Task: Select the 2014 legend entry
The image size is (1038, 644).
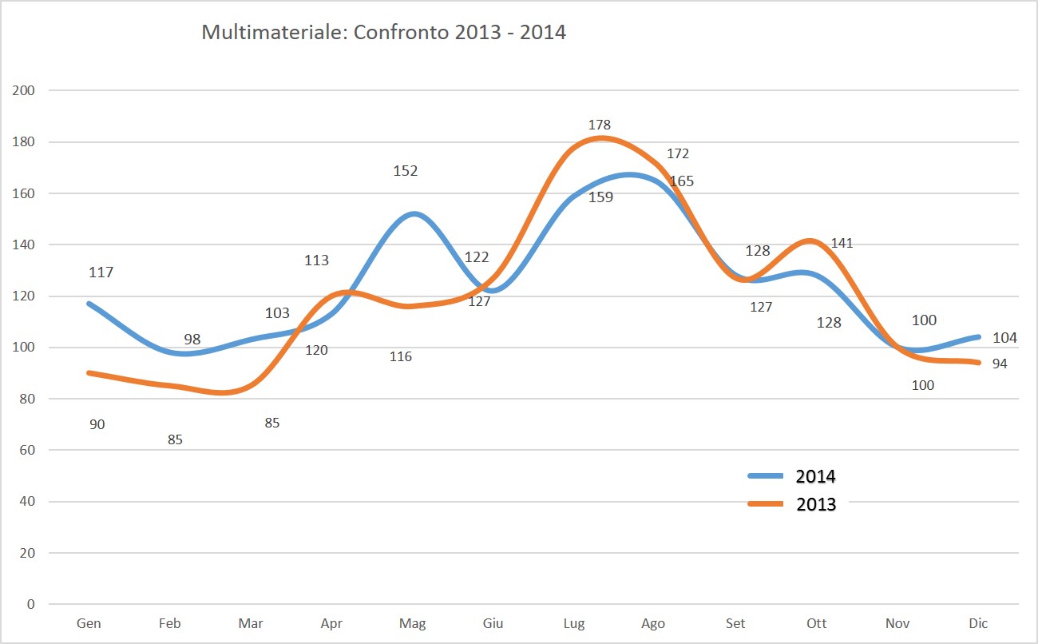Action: click(x=815, y=477)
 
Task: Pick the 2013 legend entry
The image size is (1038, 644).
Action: click(x=815, y=504)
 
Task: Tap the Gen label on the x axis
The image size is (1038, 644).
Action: click(x=89, y=623)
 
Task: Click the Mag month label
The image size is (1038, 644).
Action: click(x=412, y=623)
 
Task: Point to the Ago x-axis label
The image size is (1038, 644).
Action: click(x=653, y=623)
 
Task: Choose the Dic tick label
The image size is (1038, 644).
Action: click(x=978, y=623)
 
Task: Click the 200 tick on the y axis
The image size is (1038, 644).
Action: click(x=26, y=90)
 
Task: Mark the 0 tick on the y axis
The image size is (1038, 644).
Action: click(x=31, y=604)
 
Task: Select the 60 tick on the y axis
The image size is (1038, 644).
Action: click(x=28, y=450)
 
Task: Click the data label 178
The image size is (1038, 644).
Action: click(x=599, y=125)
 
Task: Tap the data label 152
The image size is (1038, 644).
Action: click(x=406, y=170)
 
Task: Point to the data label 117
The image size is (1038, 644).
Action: click(x=101, y=272)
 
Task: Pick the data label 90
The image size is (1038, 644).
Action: click(x=97, y=424)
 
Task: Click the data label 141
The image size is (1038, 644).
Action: click(x=842, y=243)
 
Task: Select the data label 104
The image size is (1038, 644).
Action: click(x=1004, y=338)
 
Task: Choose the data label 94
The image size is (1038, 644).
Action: click(x=1000, y=364)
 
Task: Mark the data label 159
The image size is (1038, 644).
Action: click(x=600, y=197)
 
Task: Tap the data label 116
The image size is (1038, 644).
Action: click(x=401, y=356)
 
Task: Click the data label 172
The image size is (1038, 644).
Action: click(x=677, y=153)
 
